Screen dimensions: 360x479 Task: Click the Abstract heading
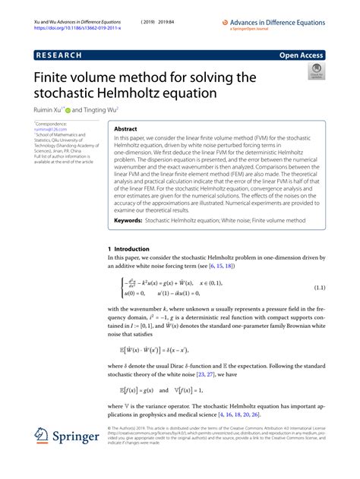click(125, 130)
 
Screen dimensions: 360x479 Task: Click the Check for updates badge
click(315, 72)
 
